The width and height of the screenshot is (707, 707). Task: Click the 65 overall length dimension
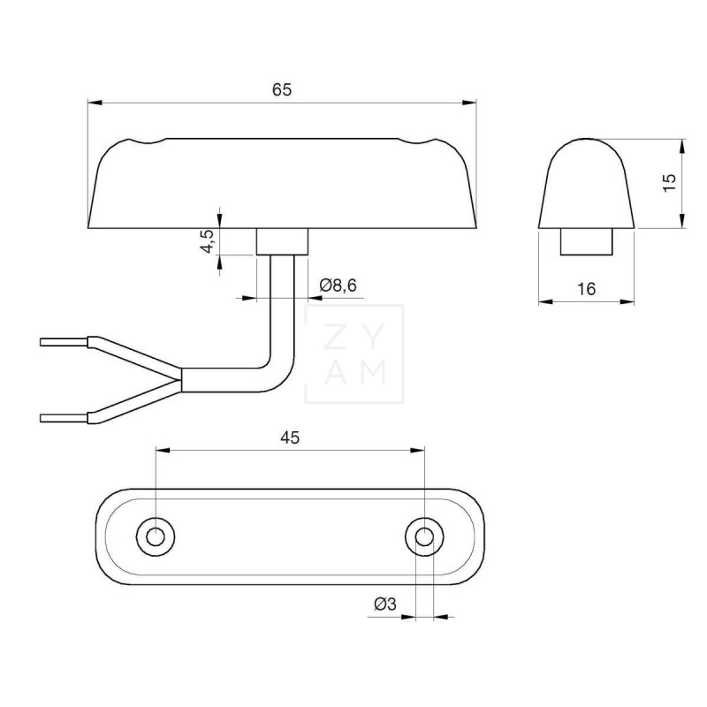[x=282, y=89]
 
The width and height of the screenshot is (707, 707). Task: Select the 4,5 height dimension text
[x=206, y=241]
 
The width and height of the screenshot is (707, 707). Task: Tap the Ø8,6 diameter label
[x=342, y=285]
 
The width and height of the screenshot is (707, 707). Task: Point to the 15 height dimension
[x=669, y=183]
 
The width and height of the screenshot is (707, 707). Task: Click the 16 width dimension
[x=586, y=289]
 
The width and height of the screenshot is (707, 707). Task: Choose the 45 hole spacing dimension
[x=289, y=436]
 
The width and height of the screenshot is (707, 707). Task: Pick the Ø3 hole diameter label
[x=385, y=604]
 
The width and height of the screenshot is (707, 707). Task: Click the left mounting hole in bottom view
[x=156, y=535]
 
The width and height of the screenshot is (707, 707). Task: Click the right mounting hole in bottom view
[x=425, y=535]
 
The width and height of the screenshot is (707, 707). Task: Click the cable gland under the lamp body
[x=282, y=241]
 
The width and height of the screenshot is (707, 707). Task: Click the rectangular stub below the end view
[x=587, y=241]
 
